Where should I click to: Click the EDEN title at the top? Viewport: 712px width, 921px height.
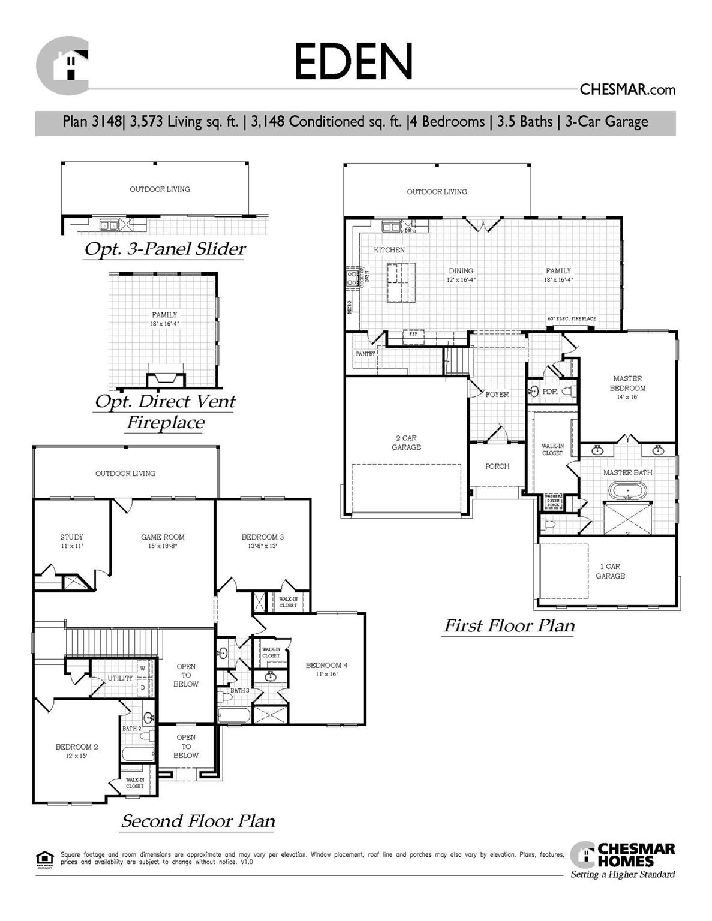[x=353, y=61]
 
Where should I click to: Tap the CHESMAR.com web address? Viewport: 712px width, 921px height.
[x=627, y=90]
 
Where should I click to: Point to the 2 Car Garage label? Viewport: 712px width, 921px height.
[x=406, y=443]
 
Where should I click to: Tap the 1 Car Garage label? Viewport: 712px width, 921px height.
[x=610, y=571]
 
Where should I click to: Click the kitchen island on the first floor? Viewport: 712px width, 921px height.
[x=401, y=281]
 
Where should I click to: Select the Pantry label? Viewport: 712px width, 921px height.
[x=365, y=354]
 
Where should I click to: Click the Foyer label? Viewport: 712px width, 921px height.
[x=497, y=395]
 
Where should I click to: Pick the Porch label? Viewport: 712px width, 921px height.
[x=497, y=466]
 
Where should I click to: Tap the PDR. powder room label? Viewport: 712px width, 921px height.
[x=550, y=392]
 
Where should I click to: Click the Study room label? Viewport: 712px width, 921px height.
[x=71, y=541]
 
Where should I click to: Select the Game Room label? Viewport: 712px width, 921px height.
[x=163, y=541]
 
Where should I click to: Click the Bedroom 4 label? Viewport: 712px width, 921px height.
[x=326, y=669]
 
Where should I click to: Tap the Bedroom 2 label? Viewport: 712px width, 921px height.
[x=77, y=751]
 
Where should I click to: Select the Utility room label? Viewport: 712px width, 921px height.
[x=120, y=678]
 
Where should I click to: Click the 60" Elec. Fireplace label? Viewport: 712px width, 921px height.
[x=572, y=319]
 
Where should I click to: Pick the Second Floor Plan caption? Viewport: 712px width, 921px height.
[x=198, y=821]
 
